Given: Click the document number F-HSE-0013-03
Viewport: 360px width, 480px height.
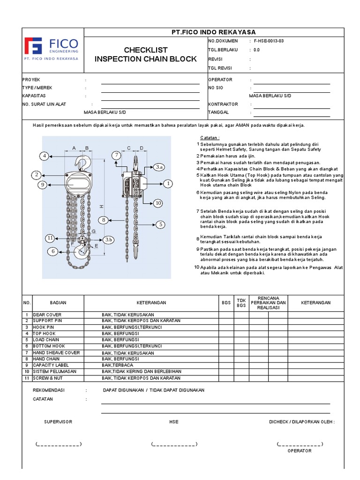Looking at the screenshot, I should (269, 41).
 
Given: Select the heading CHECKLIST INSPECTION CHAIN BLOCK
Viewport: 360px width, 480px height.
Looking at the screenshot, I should (145, 54).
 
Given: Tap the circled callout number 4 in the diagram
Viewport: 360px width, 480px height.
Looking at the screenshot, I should (44, 156).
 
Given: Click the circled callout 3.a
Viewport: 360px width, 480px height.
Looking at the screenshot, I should (159, 167).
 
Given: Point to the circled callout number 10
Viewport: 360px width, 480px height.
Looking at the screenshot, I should (158, 203).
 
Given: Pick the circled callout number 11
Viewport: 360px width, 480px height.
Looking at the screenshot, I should (51, 238).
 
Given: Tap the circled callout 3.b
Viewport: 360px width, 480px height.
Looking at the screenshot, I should (108, 240).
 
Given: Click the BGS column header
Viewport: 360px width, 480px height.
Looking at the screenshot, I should (226, 303).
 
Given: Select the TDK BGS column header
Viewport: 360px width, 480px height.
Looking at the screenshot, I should (241, 303).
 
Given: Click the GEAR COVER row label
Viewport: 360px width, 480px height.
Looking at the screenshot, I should (47, 315).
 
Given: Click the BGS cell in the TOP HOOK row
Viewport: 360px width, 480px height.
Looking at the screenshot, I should (226, 333).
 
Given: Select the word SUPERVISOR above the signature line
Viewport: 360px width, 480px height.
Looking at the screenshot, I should (58, 422).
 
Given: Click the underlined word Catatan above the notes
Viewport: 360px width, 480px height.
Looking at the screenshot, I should (210, 137).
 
